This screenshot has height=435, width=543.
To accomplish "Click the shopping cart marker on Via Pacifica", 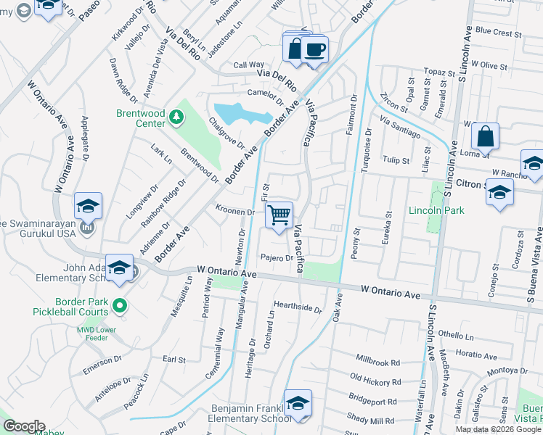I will (x=279, y=215).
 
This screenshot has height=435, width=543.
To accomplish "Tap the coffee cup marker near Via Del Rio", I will (x=314, y=50).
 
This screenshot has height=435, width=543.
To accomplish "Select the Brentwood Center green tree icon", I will (x=176, y=116).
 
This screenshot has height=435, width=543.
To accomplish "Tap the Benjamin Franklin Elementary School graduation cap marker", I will (x=298, y=404).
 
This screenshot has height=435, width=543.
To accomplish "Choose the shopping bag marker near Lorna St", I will (x=485, y=137).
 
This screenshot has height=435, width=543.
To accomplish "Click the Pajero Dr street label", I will (x=277, y=258).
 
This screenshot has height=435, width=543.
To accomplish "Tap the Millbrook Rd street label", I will (x=378, y=360).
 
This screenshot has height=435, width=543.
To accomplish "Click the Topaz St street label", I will (x=439, y=72).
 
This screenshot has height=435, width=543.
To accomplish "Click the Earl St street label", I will (x=174, y=360).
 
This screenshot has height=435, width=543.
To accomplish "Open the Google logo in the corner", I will (x=24, y=426).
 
